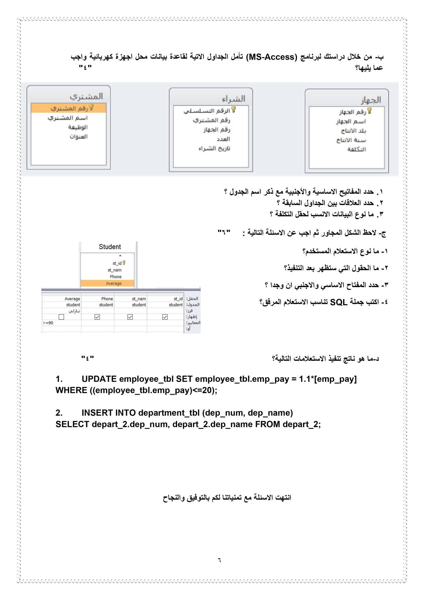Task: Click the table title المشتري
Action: pos(86,96)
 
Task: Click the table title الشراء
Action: pos(233,99)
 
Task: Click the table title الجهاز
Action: pos(370,100)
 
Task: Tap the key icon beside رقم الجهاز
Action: pos(369,111)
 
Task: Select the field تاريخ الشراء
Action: pos(214,148)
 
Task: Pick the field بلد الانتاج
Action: pos(353,131)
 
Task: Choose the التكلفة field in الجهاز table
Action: pos(356,149)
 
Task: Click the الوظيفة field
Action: pos(78,127)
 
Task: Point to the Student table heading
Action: pos(110,247)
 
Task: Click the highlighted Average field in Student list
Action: pos(114,283)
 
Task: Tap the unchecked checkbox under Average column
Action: pos(61,317)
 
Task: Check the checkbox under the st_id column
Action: pos(165,317)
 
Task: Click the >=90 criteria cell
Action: pos(48,323)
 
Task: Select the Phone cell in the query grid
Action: pos(107,299)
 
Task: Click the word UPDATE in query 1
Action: pos(99,379)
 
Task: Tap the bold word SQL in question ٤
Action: pos(338,302)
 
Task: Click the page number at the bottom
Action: pos(219,560)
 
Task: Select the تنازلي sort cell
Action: pos(74,311)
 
